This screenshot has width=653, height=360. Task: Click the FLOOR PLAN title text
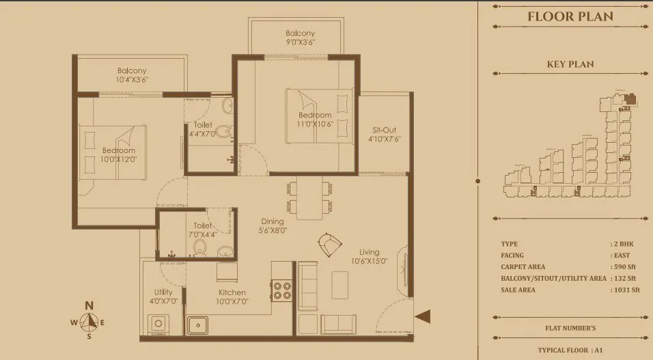pyautogui.click(x=570, y=16)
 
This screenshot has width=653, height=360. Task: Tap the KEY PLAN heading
pyautogui.click(x=570, y=64)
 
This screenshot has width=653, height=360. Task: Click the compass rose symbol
pyautogui.click(x=88, y=321)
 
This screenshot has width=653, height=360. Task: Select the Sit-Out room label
pyautogui.click(x=384, y=134)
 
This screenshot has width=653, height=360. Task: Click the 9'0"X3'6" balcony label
pyautogui.click(x=300, y=38)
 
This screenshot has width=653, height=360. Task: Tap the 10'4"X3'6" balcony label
pyautogui.click(x=131, y=75)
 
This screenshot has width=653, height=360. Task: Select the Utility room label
pyautogui.click(x=163, y=296)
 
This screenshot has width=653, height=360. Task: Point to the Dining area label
pyautogui.click(x=273, y=225)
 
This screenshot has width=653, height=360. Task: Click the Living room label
pyautogui.click(x=369, y=256)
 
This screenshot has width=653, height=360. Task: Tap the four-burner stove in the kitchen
pyautogui.click(x=282, y=291)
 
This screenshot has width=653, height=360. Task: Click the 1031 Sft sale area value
pyautogui.click(x=626, y=290)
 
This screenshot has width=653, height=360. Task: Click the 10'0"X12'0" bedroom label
pyautogui.click(x=119, y=154)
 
